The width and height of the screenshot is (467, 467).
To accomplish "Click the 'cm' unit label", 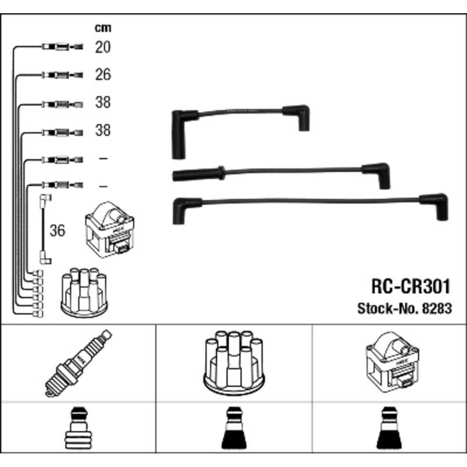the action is [103, 28].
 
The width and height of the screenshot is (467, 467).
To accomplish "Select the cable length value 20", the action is [103, 47].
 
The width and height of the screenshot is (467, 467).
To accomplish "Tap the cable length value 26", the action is [103, 74].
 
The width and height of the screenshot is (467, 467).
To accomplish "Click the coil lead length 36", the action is [58, 230].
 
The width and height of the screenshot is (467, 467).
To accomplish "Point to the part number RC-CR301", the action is [411, 286].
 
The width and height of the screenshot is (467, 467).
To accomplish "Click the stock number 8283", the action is [437, 309].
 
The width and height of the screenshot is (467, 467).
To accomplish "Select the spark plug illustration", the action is [78, 363].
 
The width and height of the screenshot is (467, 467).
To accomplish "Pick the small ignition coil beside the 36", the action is [109, 230].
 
